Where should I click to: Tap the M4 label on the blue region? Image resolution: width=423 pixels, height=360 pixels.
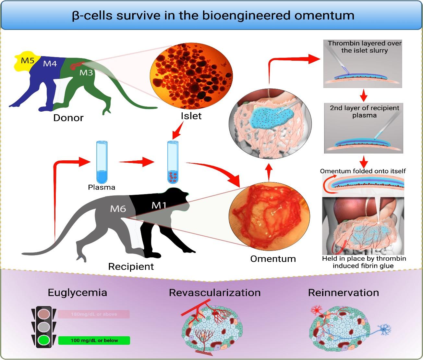50,64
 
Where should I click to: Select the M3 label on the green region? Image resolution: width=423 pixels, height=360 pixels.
86,73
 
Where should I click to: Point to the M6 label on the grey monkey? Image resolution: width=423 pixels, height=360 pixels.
118,208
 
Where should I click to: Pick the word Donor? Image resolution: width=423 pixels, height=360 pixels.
68,118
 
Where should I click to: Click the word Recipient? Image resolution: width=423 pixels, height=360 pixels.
131,267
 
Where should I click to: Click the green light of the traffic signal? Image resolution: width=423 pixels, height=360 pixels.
44,340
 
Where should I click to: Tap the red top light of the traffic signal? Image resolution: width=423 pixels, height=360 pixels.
44,314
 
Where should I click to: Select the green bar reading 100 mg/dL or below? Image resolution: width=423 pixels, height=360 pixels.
94,341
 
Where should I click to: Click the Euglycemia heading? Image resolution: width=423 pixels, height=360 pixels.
77,292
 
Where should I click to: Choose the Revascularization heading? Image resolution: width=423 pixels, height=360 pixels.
215,292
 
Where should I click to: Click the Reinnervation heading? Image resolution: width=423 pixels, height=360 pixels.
344,292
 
